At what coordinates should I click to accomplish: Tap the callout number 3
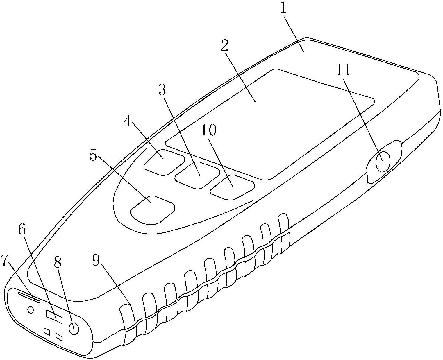point(162,89)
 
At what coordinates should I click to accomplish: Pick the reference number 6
point(22,230)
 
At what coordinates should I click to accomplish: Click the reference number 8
point(58,262)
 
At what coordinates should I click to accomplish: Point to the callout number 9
point(96,260)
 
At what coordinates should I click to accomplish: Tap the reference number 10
point(209,130)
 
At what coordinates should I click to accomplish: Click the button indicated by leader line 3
point(197,175)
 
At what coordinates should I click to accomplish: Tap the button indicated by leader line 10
point(232,187)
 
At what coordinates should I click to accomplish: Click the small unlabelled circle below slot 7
point(31,310)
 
